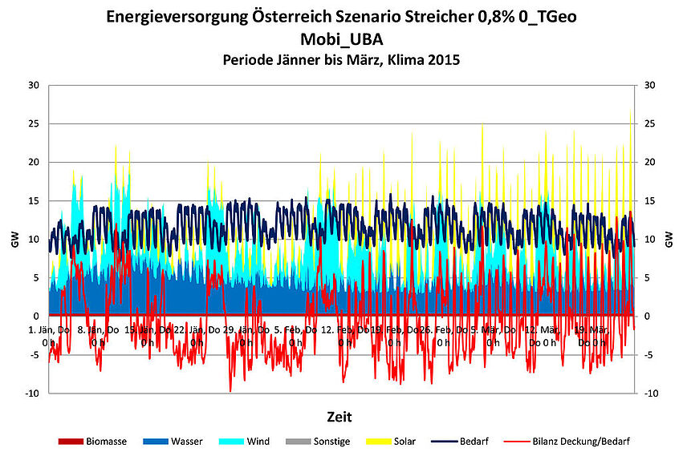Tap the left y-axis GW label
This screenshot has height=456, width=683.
(14, 239)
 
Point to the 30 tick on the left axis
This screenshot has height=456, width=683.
(33, 85)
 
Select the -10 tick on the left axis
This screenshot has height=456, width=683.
(31, 393)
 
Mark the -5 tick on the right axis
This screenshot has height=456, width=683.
(648, 355)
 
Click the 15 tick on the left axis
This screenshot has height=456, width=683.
(33, 200)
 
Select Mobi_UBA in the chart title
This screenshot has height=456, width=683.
(340, 40)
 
